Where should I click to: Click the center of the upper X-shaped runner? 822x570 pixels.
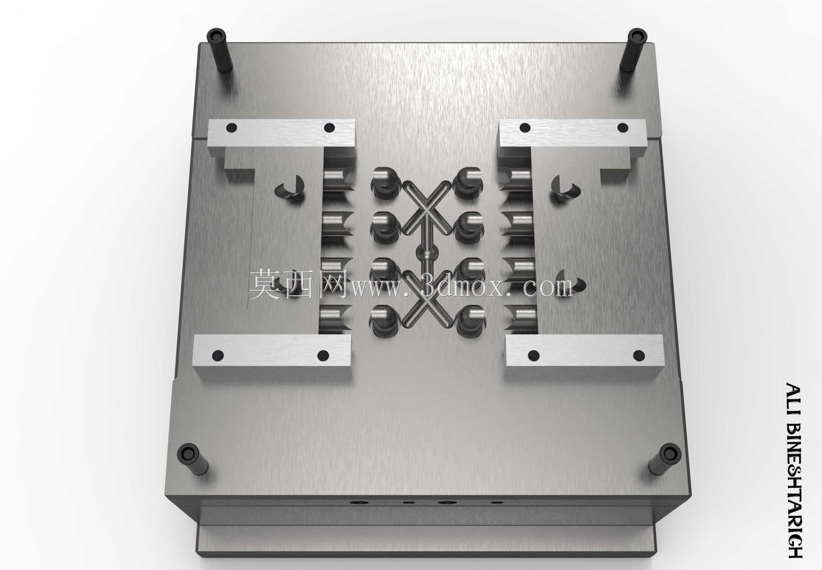[426, 207]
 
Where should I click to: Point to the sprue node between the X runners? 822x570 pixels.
[426, 253]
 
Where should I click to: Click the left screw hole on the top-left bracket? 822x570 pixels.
[232, 127]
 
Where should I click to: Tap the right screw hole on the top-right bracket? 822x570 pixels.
[622, 128]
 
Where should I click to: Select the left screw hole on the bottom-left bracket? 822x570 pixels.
[218, 355]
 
